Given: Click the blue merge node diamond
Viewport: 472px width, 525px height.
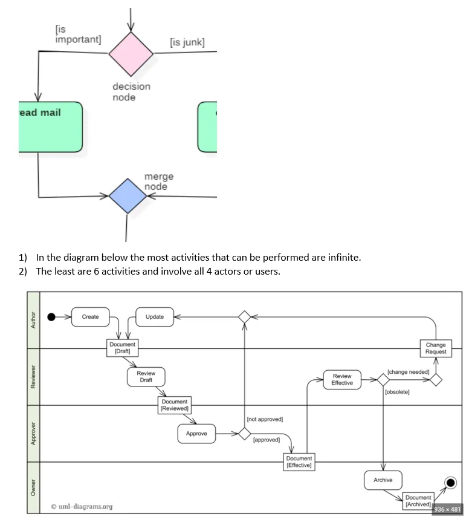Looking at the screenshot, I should (128, 196).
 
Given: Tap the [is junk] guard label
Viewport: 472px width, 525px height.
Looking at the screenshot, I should (187, 42).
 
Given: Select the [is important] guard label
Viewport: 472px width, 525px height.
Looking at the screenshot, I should (77, 34).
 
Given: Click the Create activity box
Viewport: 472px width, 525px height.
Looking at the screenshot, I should (90, 317).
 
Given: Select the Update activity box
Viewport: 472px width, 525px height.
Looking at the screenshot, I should (155, 317).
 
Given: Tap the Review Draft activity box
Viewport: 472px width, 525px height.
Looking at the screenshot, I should (146, 377).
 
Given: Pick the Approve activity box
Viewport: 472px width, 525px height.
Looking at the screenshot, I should (196, 434).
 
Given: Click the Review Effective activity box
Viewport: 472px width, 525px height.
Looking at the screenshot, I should (342, 379).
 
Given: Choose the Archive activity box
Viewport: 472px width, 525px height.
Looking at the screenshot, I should (383, 480).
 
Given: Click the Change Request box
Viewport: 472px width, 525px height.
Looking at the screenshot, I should (436, 348).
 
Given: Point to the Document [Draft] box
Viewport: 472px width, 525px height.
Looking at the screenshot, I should (123, 348).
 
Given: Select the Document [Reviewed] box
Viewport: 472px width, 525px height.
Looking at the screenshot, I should (174, 405).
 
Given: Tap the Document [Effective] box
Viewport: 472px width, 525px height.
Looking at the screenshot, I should (299, 462).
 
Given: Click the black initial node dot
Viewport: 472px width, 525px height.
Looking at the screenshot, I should (52, 317).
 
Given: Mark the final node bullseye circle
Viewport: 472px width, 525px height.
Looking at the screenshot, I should (450, 482).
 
